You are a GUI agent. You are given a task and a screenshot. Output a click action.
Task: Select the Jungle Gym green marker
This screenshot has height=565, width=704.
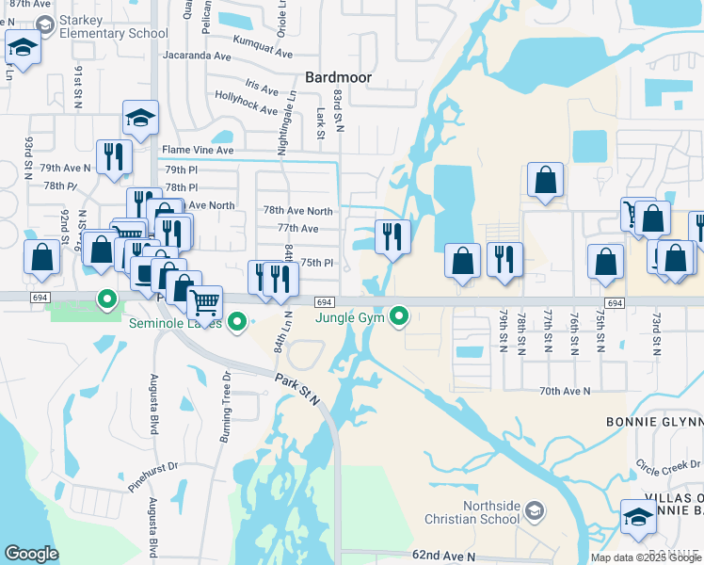pyautogui.click(x=400, y=315)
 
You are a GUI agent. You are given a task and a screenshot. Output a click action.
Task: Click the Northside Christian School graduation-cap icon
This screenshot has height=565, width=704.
pyautogui.click(x=534, y=510)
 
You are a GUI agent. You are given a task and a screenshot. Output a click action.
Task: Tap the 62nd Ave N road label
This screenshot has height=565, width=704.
pyautogui.click(x=444, y=557)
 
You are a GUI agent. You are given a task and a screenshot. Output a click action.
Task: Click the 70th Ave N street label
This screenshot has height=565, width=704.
pyautogui.click(x=565, y=390)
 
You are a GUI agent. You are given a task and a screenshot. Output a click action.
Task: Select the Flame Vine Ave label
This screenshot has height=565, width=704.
pyautogui.click(x=198, y=151)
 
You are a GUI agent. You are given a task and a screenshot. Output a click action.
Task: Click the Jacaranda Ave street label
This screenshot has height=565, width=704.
pyautogui.click(x=196, y=56)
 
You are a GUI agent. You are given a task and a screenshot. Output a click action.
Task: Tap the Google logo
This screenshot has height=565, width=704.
pyautogui.click(x=32, y=554)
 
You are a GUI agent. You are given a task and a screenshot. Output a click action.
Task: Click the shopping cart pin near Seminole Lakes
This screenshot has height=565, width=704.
pyautogui.click(x=204, y=303)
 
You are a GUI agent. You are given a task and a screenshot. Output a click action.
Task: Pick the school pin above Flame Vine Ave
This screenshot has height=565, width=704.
pyautogui.click(x=140, y=118)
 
